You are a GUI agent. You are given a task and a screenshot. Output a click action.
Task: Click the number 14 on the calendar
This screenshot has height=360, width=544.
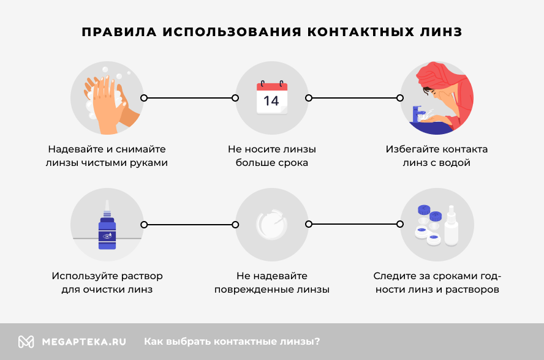[271, 100]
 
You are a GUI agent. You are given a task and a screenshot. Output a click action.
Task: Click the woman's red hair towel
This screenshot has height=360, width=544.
[435, 77]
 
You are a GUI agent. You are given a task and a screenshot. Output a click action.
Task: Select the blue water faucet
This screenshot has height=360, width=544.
[418, 113]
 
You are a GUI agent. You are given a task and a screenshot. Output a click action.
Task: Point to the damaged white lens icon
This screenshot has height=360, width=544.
[271, 225]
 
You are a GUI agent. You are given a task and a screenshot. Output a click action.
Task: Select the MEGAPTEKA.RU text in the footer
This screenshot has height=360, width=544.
[84, 342]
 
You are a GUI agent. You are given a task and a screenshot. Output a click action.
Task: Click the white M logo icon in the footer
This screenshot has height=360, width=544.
[26, 342]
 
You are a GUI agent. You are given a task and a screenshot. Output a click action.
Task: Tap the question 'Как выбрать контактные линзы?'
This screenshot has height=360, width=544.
[232, 342]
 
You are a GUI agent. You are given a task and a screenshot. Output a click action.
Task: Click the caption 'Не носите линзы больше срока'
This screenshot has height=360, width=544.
[272, 156]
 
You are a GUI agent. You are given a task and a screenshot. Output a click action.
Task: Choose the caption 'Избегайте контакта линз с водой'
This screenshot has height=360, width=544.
[436, 156]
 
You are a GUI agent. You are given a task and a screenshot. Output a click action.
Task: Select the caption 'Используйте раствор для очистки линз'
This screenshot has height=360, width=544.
[107, 283]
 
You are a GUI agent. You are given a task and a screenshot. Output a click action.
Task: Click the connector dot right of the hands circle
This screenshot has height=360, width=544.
[144, 97]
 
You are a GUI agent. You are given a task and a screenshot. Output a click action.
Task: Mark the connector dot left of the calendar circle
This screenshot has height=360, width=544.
[235, 97]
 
